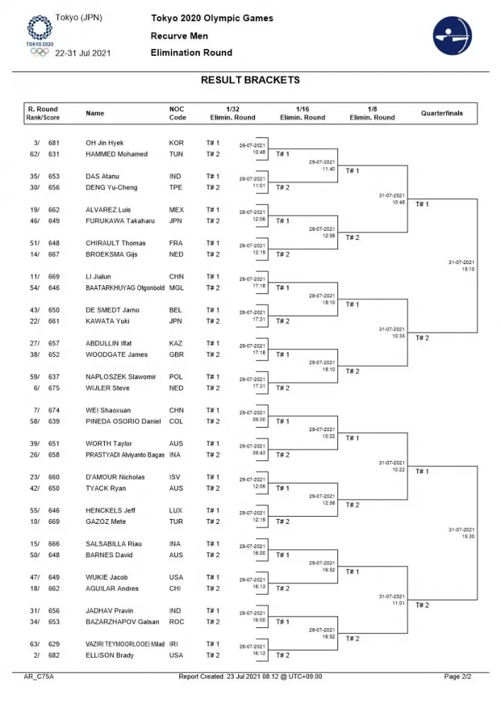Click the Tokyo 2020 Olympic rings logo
click(39, 35)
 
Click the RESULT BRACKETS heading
click(250, 80)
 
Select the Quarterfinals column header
click(441, 113)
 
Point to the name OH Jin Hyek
click(104, 143)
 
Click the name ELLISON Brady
click(110, 656)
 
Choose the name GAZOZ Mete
click(106, 522)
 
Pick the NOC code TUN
click(176, 154)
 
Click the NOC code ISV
click(176, 477)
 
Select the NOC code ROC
click(176, 622)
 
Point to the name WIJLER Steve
click(108, 388)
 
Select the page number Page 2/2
click(457, 677)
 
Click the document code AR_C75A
click(39, 677)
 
